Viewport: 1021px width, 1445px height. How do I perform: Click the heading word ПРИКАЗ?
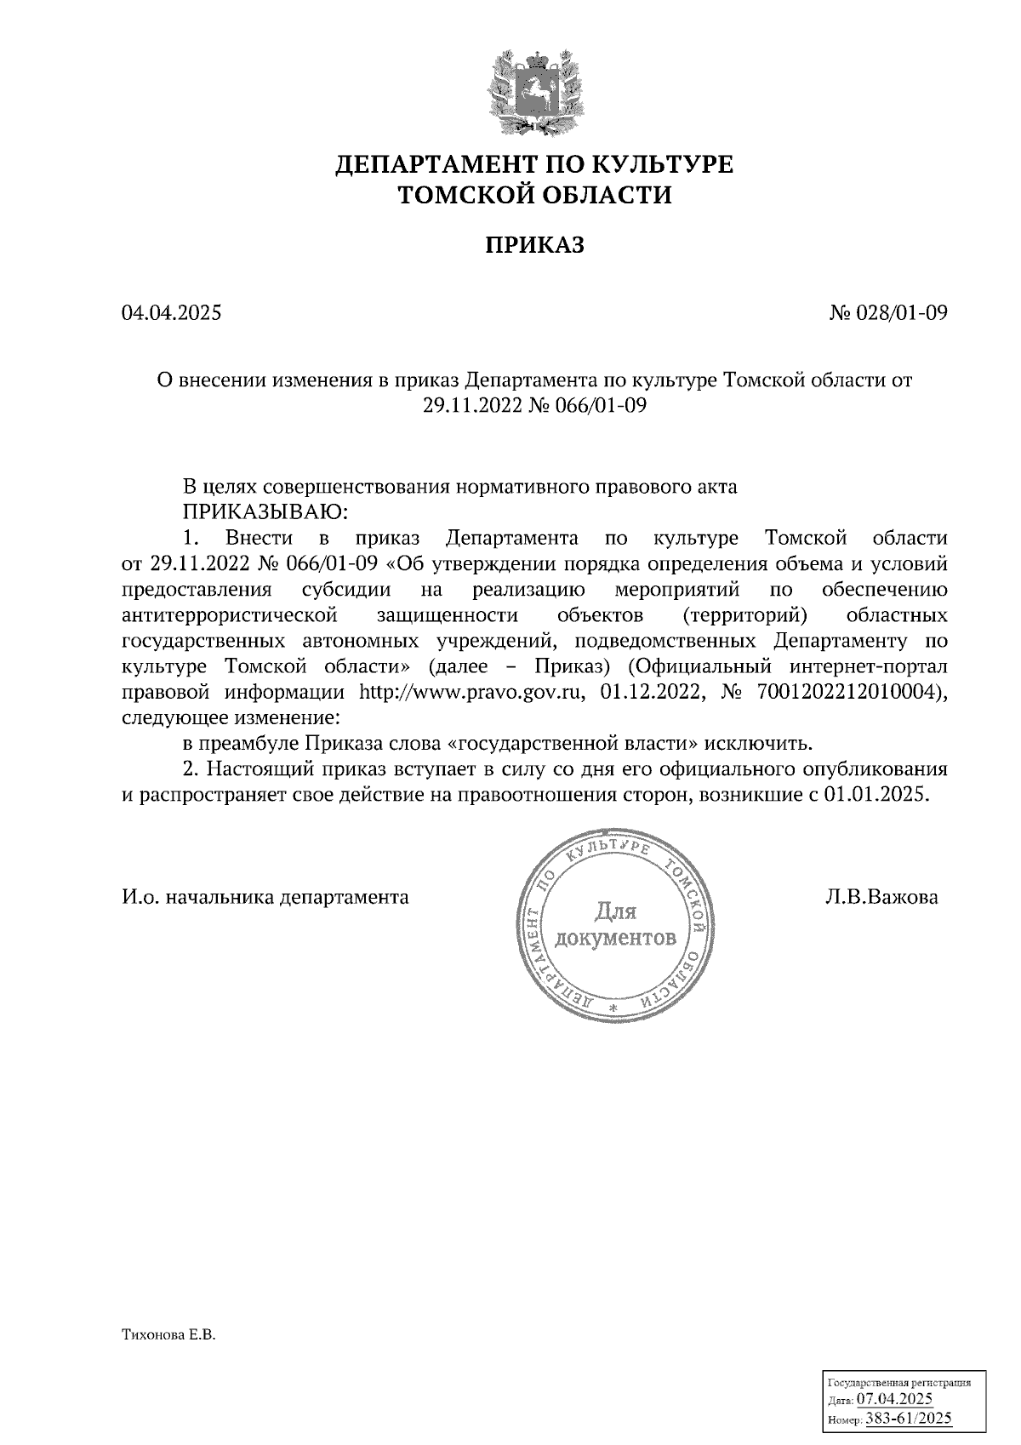pyautogui.click(x=534, y=246)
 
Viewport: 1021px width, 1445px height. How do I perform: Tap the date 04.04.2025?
pyautogui.click(x=171, y=313)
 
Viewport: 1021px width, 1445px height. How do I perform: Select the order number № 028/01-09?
pyautogui.click(x=888, y=313)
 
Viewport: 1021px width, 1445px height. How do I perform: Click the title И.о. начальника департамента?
pyautogui.click(x=265, y=897)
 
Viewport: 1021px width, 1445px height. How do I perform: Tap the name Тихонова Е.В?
pyautogui.click(x=170, y=1337)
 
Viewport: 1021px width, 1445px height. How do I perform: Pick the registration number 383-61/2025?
pyautogui.click(x=908, y=1419)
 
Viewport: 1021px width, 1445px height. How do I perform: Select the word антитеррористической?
pyautogui.click(x=231, y=614)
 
